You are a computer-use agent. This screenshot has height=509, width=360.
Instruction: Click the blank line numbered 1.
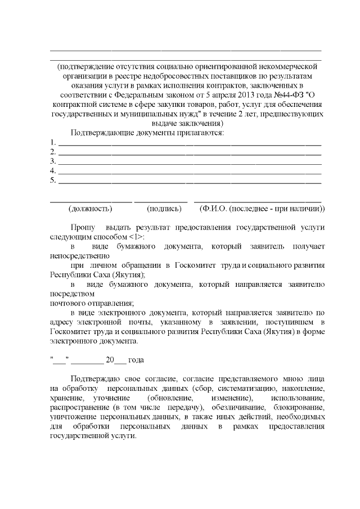click(x=190, y=143)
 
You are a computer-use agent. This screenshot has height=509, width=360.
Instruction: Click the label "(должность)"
click(x=90, y=209)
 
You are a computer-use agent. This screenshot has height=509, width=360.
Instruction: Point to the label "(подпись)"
click(x=164, y=209)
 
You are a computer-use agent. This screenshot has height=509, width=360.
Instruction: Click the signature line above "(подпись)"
click(x=161, y=200)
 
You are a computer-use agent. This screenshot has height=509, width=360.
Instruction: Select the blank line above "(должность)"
click(x=91, y=200)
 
